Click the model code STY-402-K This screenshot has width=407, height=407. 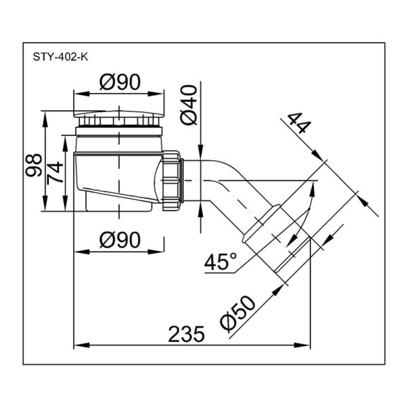pyautogui.click(x=60, y=57)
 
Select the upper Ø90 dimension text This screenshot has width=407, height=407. pyautogui.click(x=119, y=81)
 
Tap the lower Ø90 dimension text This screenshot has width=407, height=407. pyautogui.click(x=119, y=239)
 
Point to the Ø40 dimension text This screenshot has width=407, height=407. pyautogui.click(x=189, y=105)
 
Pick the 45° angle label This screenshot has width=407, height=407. pyautogui.click(x=220, y=261)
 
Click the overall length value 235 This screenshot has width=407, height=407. pyautogui.click(x=187, y=334)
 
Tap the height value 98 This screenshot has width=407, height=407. pyautogui.click(x=33, y=165)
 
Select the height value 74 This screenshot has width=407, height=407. pyautogui.click(x=55, y=172)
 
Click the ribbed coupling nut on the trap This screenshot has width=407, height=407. pyautogui.click(x=171, y=180)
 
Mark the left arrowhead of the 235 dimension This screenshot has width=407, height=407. pyautogui.click(x=81, y=345)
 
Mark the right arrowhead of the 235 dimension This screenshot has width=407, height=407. pyautogui.click(x=303, y=345)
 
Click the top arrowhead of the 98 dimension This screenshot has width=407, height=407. pyautogui.click(x=45, y=119)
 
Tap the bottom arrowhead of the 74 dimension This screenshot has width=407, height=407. pyautogui.click(x=65, y=203)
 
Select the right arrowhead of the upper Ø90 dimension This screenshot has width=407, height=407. pyautogui.click(x=156, y=94)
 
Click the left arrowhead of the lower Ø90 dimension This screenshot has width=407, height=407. pyautogui.click(x=82, y=252)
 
